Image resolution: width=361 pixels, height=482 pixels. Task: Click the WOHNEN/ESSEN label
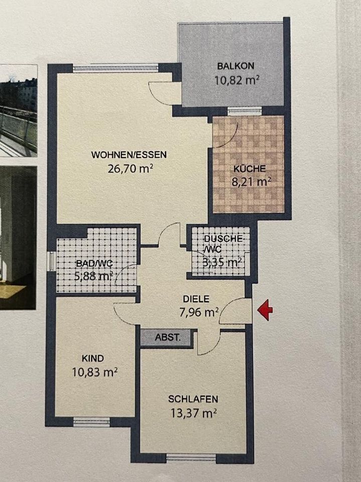pos(128,155)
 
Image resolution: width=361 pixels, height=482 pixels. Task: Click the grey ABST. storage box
pos(167,338)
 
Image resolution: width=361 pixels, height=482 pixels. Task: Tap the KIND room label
pos(93,358)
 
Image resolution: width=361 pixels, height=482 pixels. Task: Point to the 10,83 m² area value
pos(95,373)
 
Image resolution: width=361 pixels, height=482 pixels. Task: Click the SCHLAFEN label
pos(193,399)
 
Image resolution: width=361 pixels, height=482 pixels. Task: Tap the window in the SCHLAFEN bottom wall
pos(191,457)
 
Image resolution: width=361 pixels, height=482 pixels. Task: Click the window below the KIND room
pos(91,422)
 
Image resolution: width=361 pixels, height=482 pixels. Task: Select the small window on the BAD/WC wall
pos(50,261)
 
